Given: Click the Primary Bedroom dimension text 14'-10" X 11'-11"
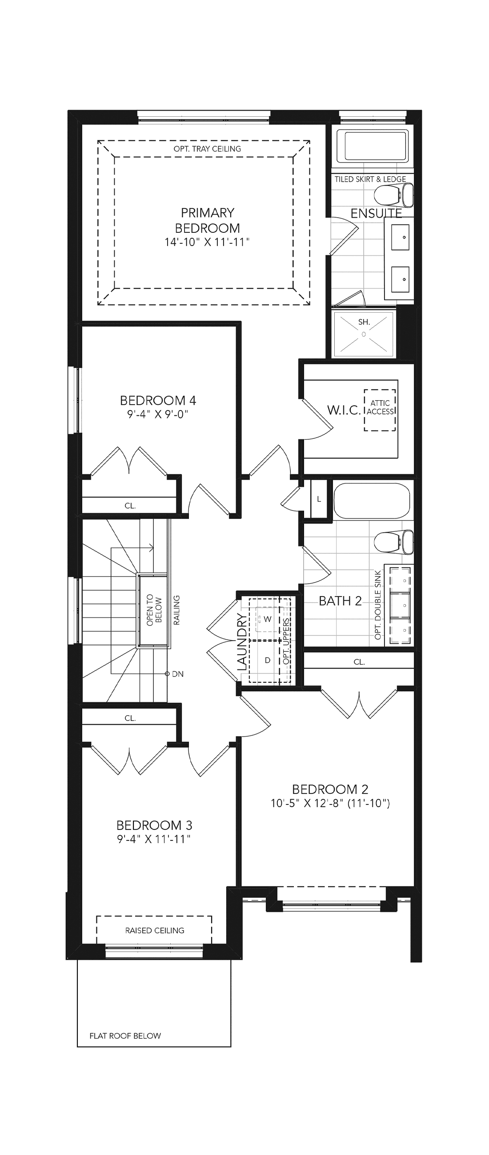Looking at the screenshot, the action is click(x=207, y=242).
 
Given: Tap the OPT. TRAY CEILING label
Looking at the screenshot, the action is click(x=207, y=149).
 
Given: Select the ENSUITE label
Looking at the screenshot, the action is click(x=376, y=213).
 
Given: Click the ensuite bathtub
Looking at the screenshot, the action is click(x=373, y=146).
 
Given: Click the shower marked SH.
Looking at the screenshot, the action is click(x=364, y=334).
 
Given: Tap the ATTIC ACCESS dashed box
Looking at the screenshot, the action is click(x=380, y=410).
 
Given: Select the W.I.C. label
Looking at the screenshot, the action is click(x=344, y=410).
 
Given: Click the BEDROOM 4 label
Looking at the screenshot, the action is click(x=158, y=400).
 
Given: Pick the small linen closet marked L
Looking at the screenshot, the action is click(x=319, y=499).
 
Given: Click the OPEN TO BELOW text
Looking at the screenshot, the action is click(x=154, y=610).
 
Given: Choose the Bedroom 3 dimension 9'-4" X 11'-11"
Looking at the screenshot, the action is click(x=154, y=839).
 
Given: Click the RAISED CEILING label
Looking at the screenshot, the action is click(x=155, y=930).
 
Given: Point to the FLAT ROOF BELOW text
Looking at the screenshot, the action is click(x=125, y=1045).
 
